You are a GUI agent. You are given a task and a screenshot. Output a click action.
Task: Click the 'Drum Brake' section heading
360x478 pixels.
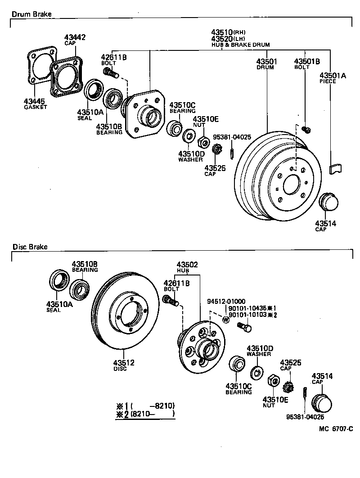[x=31, y=14]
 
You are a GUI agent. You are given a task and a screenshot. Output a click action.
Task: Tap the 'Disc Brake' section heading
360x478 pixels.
[x=30, y=247]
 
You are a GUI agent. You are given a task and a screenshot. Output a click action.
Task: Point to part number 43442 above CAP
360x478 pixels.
[x=75, y=37]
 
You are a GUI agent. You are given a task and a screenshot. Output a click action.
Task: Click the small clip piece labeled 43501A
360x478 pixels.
[x=336, y=169]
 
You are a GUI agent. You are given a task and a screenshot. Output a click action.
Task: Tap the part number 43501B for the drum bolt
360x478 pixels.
[x=307, y=62]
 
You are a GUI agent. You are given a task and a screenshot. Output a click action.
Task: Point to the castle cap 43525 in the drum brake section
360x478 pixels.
[x=217, y=149]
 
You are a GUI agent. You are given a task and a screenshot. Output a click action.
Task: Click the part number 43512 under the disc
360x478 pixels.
[x=124, y=363]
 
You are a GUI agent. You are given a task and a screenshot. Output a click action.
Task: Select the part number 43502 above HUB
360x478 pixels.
[x=187, y=265]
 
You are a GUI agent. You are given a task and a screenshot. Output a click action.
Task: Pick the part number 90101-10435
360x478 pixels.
[x=247, y=308]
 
